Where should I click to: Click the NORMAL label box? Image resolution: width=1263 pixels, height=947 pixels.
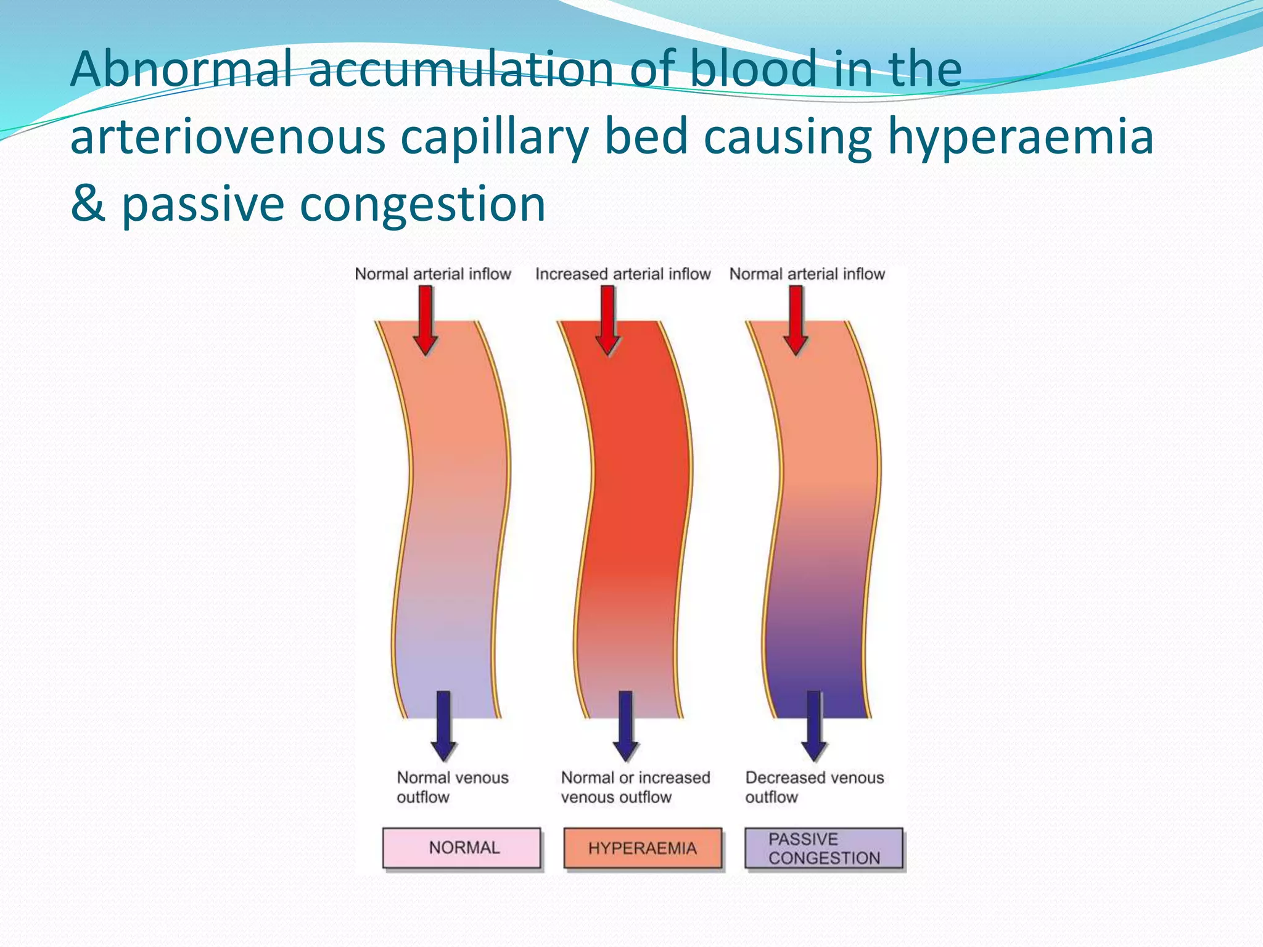pyautogui.click(x=461, y=848)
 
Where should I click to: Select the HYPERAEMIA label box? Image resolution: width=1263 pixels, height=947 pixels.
pyautogui.click(x=643, y=848)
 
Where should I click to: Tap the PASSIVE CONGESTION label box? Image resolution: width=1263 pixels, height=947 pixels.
pyautogui.click(x=823, y=848)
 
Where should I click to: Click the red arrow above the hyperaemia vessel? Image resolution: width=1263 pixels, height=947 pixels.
pyautogui.click(x=608, y=321)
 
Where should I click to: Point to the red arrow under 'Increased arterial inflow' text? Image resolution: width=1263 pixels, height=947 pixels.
pyautogui.click(x=608, y=321)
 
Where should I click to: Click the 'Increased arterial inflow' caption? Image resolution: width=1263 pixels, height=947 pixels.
pyautogui.click(x=623, y=274)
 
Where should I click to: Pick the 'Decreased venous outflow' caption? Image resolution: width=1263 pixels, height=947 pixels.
pyautogui.click(x=814, y=787)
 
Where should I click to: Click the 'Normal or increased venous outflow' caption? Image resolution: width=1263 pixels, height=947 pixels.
pyautogui.click(x=635, y=787)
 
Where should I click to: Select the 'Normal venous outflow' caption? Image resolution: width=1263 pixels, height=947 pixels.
pyautogui.click(x=452, y=787)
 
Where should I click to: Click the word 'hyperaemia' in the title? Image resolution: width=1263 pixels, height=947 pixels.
pyautogui.click(x=1020, y=137)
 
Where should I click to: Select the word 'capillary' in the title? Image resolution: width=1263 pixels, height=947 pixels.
pyautogui.click(x=495, y=137)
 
